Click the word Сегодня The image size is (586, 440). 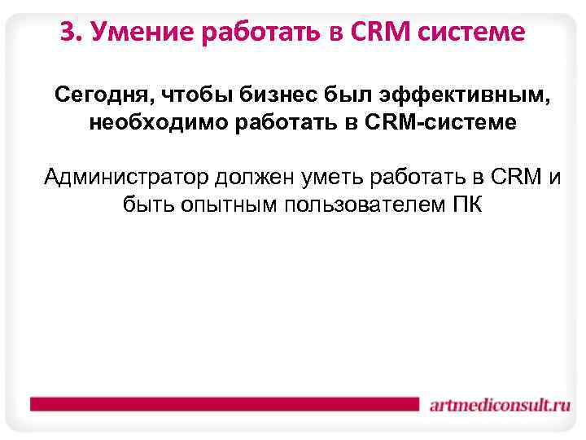pyautogui.click(x=100, y=97)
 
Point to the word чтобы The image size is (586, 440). pyautogui.click(x=193, y=97)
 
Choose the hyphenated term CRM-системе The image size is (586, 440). pyautogui.click(x=441, y=125)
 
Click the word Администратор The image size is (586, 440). pyautogui.click(x=126, y=176)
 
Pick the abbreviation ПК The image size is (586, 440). pyautogui.click(x=466, y=204)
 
